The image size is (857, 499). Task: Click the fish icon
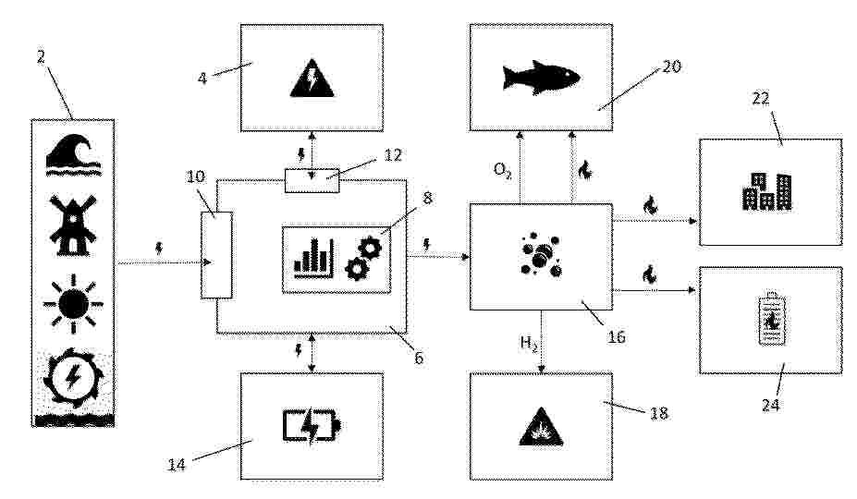coord(541,77)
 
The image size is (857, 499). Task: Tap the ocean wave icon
coord(73,155)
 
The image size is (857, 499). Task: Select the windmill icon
coord(73,225)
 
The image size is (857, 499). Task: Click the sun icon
coord(73,303)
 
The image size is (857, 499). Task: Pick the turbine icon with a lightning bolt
coord(73,377)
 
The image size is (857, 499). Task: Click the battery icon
coord(312,426)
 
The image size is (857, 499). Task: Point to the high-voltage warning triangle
coord(312,78)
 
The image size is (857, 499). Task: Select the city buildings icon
coord(766,191)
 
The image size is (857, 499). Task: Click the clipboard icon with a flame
coord(771,319)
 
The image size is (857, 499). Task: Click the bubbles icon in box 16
coord(541,255)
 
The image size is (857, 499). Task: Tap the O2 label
coord(502,170)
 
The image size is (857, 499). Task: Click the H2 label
coord(529,343)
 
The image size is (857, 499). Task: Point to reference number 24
coord(771,405)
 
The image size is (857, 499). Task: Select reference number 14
coord(177,465)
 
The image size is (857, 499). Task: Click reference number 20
coord(672,67)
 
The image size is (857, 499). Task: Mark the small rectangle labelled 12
coord(312,180)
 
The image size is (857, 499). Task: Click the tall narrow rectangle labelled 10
coord(216,255)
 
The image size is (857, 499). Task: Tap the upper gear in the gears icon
coord(370,248)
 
